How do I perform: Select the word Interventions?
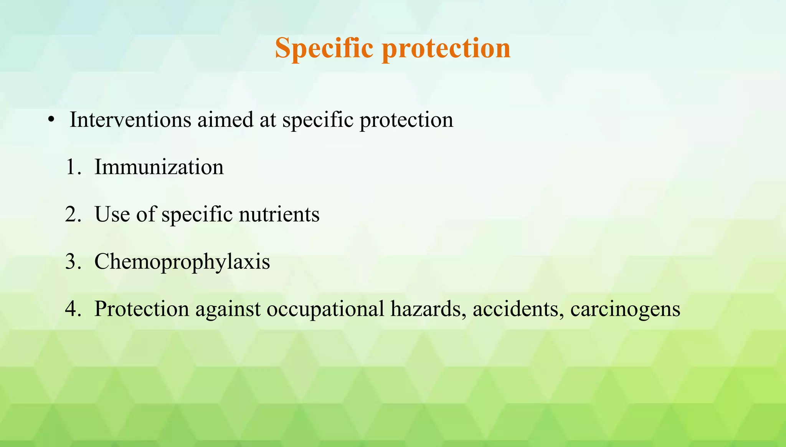click(130, 119)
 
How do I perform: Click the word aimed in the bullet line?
click(225, 119)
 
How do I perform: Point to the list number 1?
click(73, 167)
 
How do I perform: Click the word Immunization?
click(159, 167)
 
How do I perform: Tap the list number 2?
click(73, 215)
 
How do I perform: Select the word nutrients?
click(279, 215)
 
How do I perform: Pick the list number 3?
click(73, 262)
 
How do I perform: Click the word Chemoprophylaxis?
click(182, 262)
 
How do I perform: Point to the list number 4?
click(73, 309)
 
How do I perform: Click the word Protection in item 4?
click(142, 309)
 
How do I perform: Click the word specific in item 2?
click(197, 215)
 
